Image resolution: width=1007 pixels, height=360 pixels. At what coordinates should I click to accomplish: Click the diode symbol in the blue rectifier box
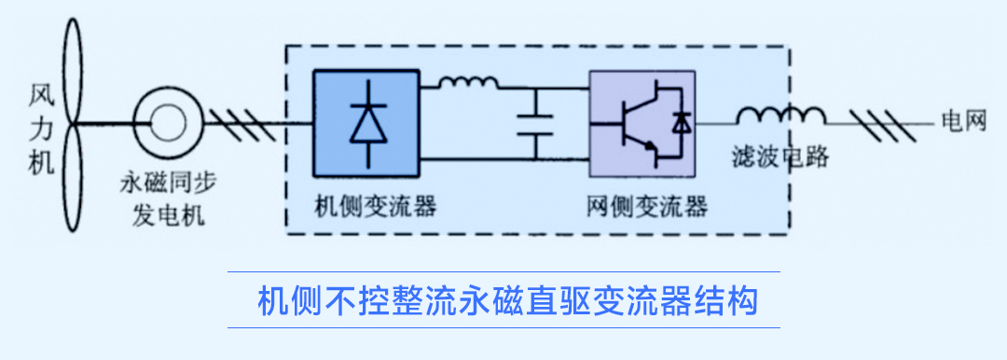[367, 121]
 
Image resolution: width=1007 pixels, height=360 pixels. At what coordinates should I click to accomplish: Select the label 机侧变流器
[365, 203]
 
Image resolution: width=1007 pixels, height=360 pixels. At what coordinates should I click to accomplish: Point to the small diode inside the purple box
[682, 122]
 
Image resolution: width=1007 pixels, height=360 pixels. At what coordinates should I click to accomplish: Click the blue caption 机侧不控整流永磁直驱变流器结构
[503, 300]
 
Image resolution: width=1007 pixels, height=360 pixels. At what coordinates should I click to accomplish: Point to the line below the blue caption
[504, 327]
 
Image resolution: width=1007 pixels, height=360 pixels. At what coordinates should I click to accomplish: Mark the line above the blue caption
[504, 272]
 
